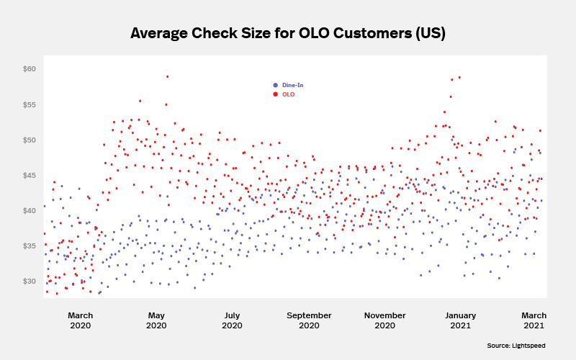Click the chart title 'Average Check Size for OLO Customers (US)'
tap(288, 33)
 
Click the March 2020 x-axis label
tap(80, 320)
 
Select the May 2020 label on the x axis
tap(156, 320)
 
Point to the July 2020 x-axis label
tap(232, 320)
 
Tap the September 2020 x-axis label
tap(309, 320)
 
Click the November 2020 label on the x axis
tap(385, 320)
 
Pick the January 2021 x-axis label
tap(461, 320)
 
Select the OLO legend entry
tap(287, 94)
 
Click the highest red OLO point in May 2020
tap(167, 76)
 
